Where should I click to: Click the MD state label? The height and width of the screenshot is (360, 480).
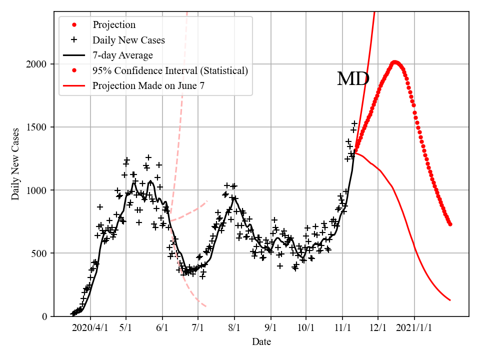(353, 79)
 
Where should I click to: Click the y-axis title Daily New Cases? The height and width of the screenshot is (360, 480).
(15, 164)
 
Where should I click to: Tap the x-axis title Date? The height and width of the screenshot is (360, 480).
(261, 342)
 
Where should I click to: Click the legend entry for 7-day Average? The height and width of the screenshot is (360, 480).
(122, 55)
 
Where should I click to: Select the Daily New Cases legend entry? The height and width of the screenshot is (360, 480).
(128, 40)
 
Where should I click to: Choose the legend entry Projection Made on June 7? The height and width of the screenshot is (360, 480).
(148, 86)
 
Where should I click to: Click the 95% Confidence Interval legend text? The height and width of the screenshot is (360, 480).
(170, 71)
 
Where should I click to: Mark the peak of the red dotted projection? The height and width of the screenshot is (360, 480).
(394, 62)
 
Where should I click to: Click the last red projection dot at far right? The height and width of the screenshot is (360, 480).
(450, 224)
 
